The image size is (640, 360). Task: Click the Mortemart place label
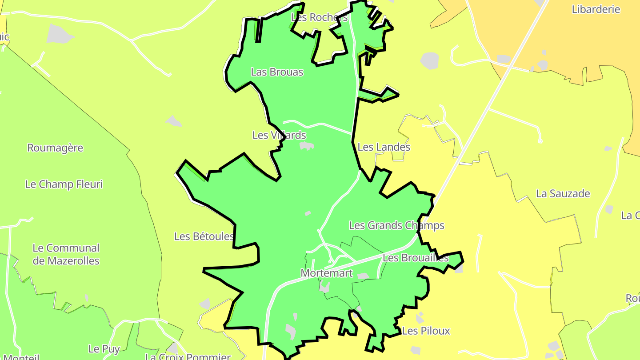pyautogui.click(x=327, y=273)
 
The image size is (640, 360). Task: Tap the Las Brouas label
pyautogui.click(x=277, y=72)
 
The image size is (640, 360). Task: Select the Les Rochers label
pyautogui.click(x=319, y=17)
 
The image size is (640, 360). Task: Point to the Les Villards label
pyautogui.click(x=279, y=135)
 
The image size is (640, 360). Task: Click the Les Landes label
pyautogui.click(x=384, y=147)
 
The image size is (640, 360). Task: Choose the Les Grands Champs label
pyautogui.click(x=396, y=225)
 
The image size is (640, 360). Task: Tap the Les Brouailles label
pyautogui.click(x=416, y=258)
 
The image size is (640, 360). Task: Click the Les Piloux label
pyautogui.click(x=426, y=331)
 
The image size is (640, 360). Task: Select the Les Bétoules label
pyautogui.click(x=204, y=236)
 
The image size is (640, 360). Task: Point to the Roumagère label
pyautogui.click(x=55, y=148)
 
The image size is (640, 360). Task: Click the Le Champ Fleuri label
pyautogui.click(x=64, y=184)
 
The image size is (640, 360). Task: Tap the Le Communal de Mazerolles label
pyautogui.click(x=66, y=254)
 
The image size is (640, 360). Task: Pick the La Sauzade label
pyautogui.click(x=563, y=193)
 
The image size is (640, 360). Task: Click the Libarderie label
pyautogui.click(x=596, y=9)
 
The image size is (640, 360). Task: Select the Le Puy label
pyautogui.click(x=104, y=349)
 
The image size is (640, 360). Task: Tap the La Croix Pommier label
pyautogui.click(x=188, y=356)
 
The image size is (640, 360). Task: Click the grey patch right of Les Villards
pyautogui.click(x=307, y=146)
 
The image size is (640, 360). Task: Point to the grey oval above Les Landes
pyautogui.click(x=429, y=60)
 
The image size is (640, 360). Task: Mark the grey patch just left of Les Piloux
pyautogui.click(x=420, y=318)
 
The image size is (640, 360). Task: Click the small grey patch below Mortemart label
pyautogui.click(x=324, y=287)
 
